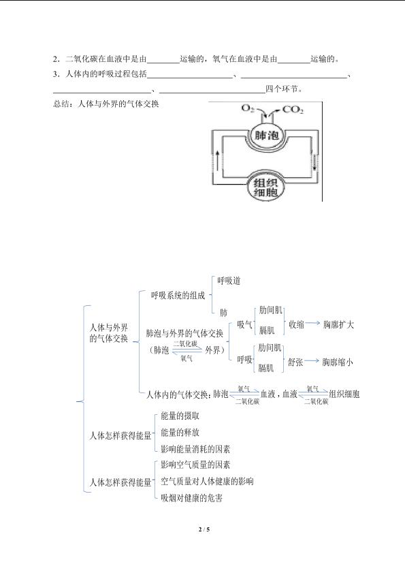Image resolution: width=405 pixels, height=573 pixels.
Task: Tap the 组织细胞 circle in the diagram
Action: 265,187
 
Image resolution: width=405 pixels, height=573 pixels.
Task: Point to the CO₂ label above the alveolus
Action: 293,109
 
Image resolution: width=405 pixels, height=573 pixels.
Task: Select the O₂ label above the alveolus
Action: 248,108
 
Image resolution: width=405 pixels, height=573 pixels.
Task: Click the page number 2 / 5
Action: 204,529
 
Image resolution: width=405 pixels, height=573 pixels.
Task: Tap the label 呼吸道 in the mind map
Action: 229,281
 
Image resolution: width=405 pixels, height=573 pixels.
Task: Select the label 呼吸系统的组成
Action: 178,295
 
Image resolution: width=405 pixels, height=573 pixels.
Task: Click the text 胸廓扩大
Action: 338,324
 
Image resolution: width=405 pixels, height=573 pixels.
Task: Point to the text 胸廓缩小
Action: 338,362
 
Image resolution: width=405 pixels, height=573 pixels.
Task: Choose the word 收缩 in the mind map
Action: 296,324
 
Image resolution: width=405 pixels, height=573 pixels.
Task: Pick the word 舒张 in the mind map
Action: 295,362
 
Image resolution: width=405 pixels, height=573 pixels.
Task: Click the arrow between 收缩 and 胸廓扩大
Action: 313,323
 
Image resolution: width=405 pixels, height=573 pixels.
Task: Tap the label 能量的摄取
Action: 180,416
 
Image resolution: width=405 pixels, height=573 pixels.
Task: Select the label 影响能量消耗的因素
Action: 195,448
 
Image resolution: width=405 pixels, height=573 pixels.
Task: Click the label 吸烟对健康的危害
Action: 192,497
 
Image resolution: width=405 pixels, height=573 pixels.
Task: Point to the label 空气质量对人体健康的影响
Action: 207,481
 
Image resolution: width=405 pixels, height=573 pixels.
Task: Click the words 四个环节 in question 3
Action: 280,89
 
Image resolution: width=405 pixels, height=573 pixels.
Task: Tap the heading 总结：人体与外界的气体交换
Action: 106,104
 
